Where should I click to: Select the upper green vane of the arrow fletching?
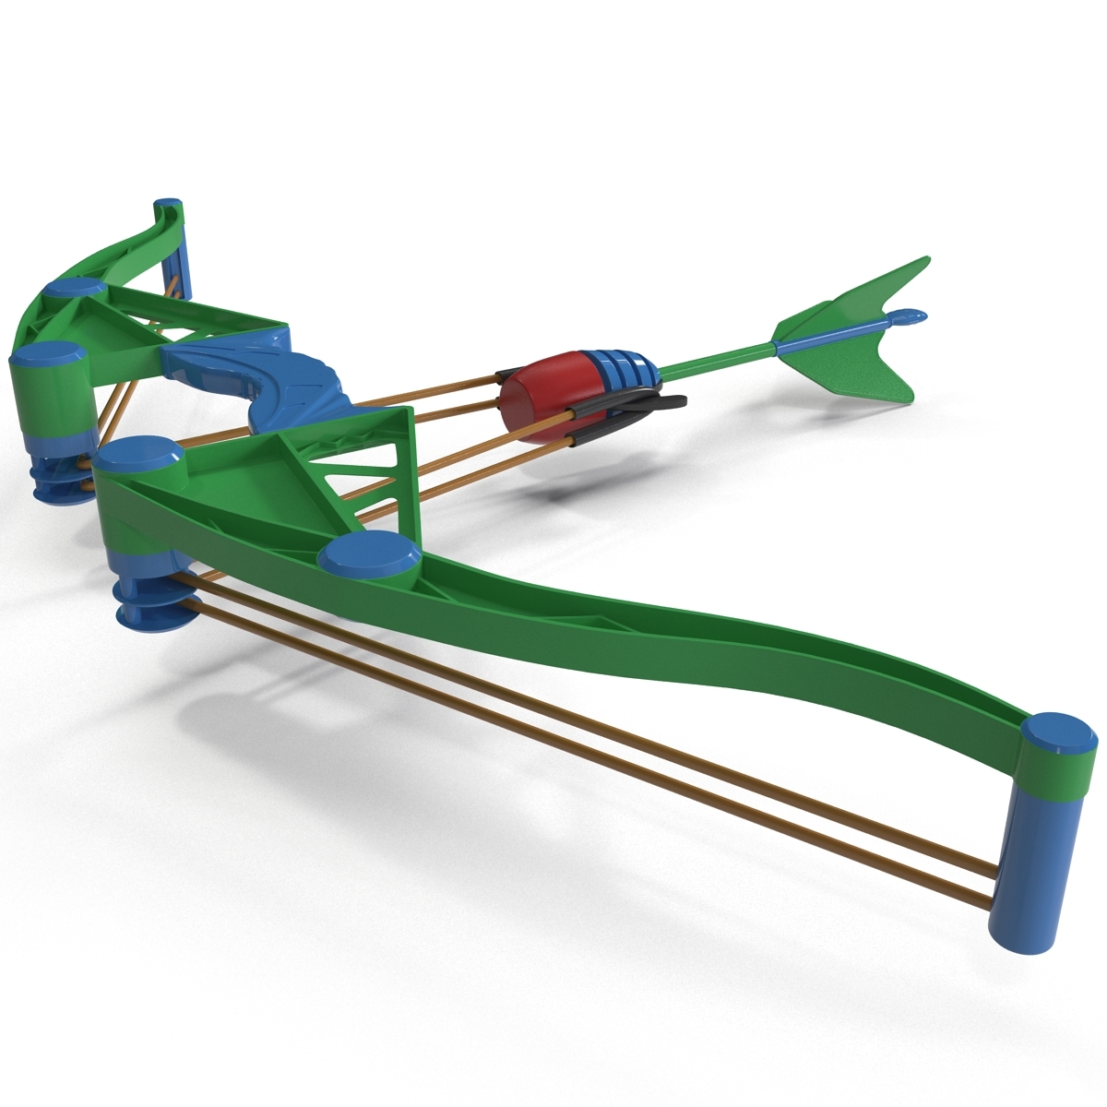[835, 299]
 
